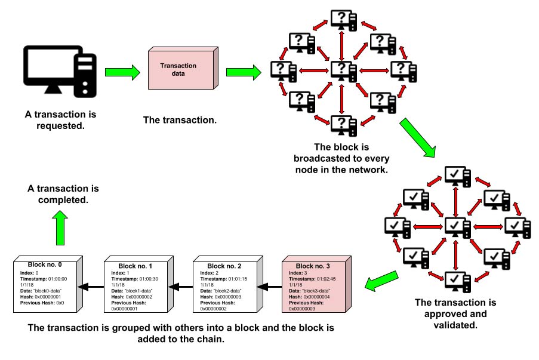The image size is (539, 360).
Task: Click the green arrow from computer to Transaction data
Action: (x=122, y=72)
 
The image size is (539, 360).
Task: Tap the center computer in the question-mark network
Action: (x=341, y=70)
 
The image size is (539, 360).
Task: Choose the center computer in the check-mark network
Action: (x=456, y=226)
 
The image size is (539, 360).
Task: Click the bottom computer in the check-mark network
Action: (x=456, y=277)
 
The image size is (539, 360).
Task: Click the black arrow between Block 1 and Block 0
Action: (x=93, y=287)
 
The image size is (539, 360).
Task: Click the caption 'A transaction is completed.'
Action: (x=63, y=194)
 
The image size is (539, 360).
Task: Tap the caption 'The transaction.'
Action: (x=180, y=119)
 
